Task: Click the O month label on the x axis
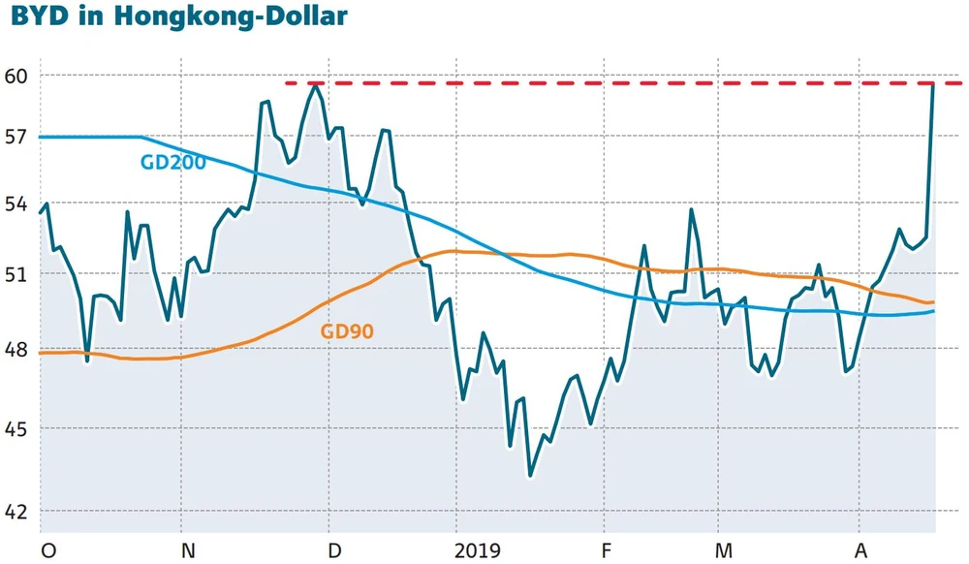[47, 551]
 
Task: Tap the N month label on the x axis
[189, 551]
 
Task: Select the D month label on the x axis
[335, 551]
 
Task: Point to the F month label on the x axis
[606, 551]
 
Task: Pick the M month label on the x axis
[722, 551]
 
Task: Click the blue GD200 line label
[172, 163]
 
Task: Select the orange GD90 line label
[347, 331]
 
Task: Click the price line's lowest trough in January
[530, 476]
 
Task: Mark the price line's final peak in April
[932, 84]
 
